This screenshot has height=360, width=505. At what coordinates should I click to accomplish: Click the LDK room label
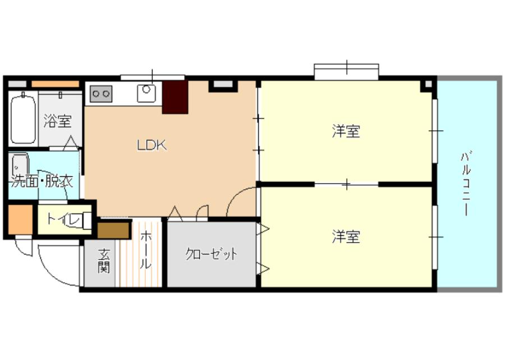click(151, 145)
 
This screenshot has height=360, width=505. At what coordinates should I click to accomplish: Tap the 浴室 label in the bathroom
click(58, 121)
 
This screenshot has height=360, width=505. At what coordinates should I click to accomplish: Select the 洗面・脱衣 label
click(42, 182)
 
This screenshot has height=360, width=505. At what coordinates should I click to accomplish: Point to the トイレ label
click(63, 219)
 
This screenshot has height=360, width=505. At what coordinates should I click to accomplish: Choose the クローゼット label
click(212, 254)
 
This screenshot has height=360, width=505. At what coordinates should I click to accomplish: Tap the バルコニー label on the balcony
click(466, 184)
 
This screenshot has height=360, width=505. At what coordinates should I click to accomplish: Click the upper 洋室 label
click(346, 131)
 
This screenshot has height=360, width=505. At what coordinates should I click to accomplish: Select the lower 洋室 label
click(346, 236)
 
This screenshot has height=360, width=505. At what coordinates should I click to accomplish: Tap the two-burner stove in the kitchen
click(101, 94)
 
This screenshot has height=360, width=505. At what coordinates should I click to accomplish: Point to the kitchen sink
click(146, 93)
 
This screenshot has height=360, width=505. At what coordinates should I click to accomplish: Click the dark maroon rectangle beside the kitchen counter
click(175, 97)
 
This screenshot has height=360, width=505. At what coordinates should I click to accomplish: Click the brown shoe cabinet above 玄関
click(113, 230)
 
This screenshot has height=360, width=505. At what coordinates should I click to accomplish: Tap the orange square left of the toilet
click(21, 220)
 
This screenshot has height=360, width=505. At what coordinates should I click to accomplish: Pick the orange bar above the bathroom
click(56, 84)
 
